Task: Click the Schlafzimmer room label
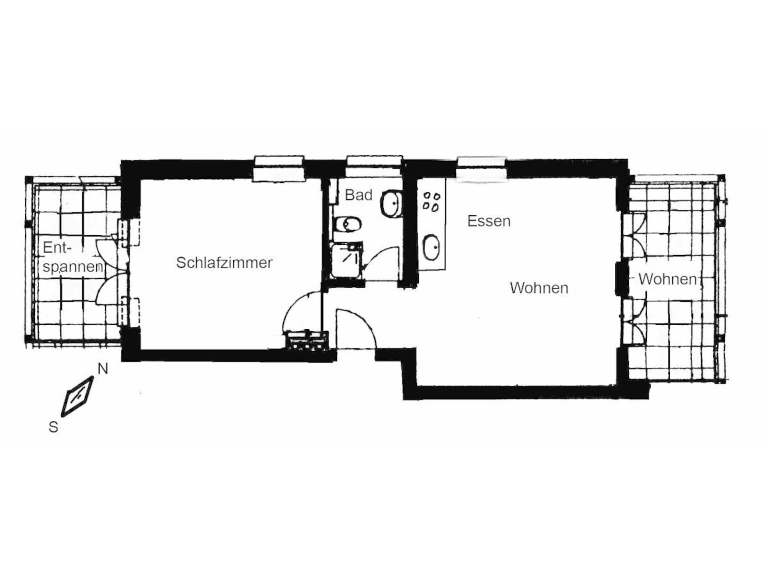point(224,263)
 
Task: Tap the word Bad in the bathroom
point(358,195)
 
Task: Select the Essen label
point(489,221)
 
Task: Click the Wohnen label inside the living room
point(539,288)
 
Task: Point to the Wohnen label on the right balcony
point(667,279)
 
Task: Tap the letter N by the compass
point(103,369)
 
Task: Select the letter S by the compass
point(53,427)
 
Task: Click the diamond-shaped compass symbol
point(77,396)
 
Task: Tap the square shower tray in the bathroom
point(346,260)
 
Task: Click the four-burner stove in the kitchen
point(431,202)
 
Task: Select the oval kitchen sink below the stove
point(431,248)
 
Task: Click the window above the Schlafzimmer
point(279,168)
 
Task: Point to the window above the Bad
point(374,166)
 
